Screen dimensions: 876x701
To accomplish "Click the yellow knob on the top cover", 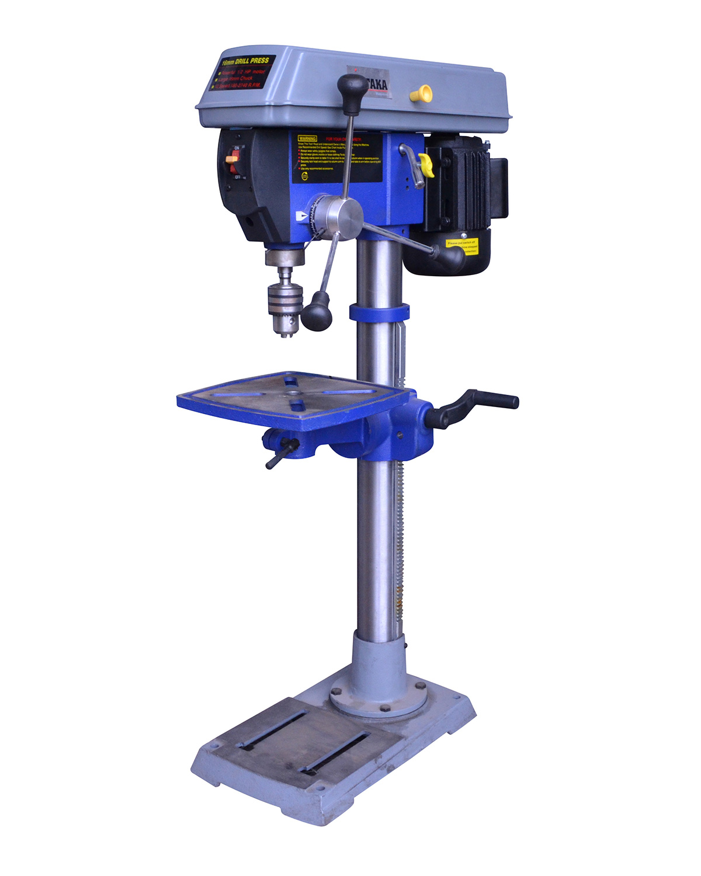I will pyautogui.click(x=421, y=93).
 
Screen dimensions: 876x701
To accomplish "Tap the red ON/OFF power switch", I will pyautogui.click(x=232, y=158).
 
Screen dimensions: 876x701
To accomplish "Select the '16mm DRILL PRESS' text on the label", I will pyautogui.click(x=245, y=61).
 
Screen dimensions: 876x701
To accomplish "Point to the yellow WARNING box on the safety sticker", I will pyautogui.click(x=307, y=138).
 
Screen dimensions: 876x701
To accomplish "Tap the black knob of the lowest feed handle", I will pyautogui.click(x=317, y=311).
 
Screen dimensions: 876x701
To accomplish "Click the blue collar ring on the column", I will pyautogui.click(x=379, y=312).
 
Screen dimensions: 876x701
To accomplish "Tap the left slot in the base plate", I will pyautogui.click(x=272, y=730).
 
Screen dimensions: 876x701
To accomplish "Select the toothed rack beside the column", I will pyautogui.click(x=399, y=526).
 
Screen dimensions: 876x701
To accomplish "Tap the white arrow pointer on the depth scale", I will pyautogui.click(x=301, y=215).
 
